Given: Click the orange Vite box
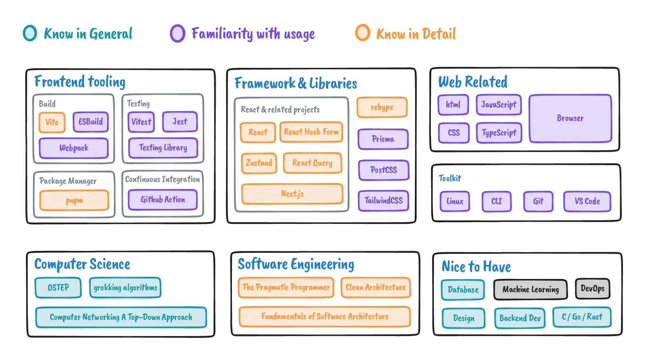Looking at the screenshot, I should coord(52,122).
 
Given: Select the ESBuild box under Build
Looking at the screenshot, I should coord(91,122).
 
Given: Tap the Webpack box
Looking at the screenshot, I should coord(74,148).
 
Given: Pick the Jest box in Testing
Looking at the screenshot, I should coord(180,122).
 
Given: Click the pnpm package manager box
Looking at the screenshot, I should coord(74,200).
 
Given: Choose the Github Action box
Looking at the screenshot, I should coord(163,200).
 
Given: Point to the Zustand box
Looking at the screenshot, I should coord(259,163).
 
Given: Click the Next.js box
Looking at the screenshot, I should coord(292,194).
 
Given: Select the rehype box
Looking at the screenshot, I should coord(382,107).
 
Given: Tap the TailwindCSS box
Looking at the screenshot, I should coord(383,201).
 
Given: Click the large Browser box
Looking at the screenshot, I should coord(570,118).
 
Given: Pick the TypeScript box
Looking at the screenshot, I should coord(499,133).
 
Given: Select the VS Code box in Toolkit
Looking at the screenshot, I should coord(587,202).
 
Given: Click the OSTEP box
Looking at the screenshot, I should coord(58,288).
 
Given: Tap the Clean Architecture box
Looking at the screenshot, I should coord(375,288).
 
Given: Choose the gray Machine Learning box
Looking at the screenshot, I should coord(530,290).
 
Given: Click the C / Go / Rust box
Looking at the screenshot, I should coord(582,317).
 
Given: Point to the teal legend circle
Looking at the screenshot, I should coord(30,33).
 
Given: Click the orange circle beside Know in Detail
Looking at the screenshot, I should coord(363,33).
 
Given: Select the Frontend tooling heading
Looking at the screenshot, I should coord(80,82).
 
